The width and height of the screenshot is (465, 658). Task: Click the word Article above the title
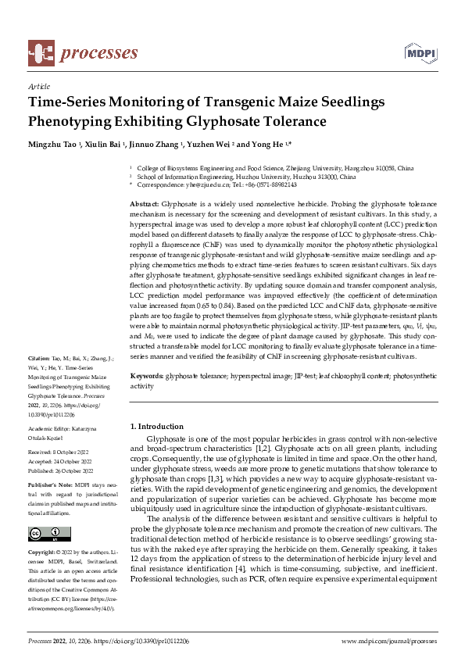point(38,87)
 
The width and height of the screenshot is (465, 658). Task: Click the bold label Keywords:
point(146,376)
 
